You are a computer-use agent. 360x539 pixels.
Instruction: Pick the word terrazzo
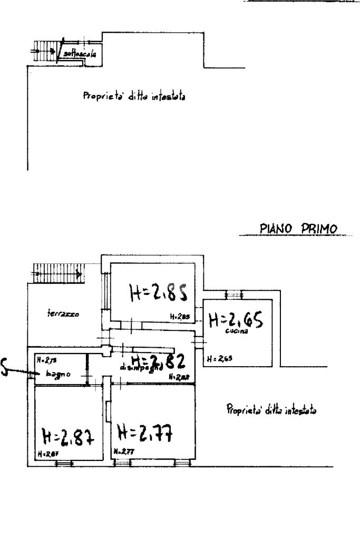[x=62, y=314]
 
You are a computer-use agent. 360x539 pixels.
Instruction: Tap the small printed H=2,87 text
[x=46, y=453]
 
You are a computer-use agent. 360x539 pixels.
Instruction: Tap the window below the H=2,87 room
[x=64, y=463]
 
